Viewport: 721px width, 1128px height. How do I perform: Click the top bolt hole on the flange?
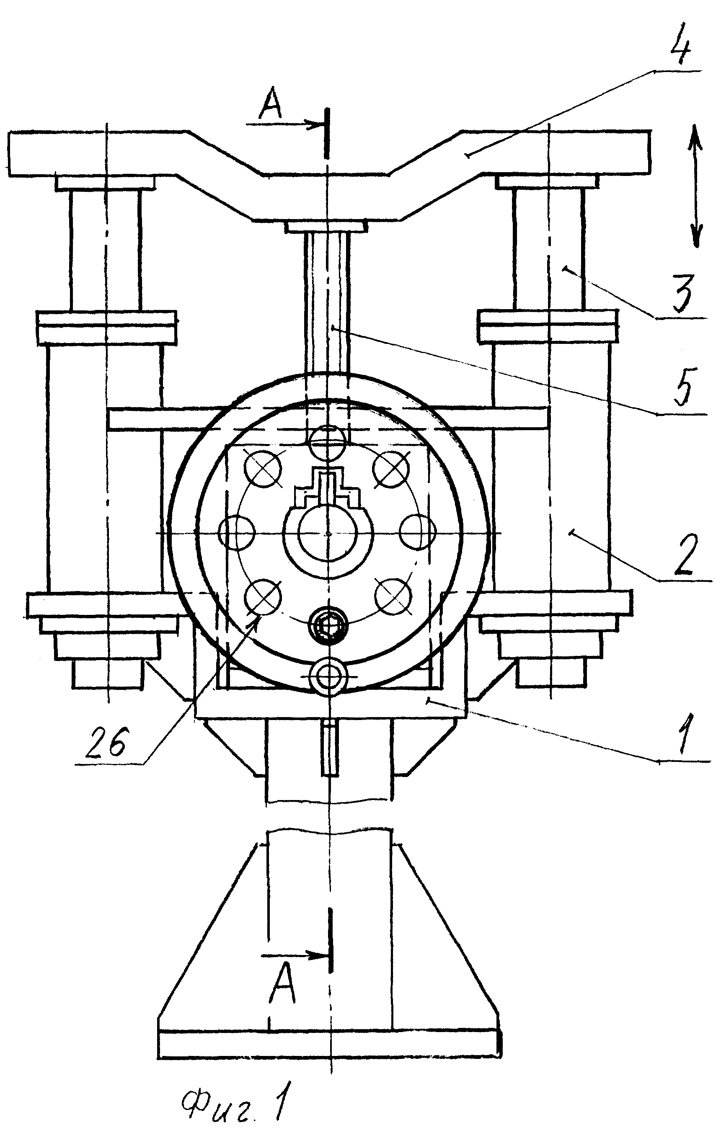point(328,442)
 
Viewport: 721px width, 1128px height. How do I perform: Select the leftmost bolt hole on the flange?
point(237,533)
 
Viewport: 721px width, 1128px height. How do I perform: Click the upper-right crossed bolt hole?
point(392,469)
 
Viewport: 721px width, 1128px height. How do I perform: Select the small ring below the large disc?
point(329,674)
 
